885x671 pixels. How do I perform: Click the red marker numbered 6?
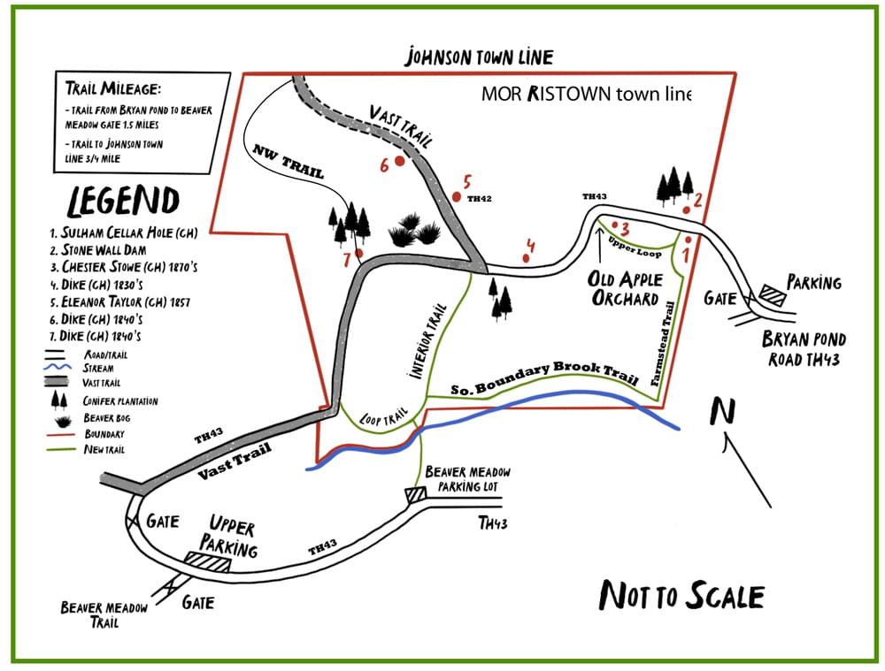(400, 162)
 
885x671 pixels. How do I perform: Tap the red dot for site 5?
(456, 196)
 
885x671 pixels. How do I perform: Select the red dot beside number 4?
(527, 258)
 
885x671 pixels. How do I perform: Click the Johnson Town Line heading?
(479, 58)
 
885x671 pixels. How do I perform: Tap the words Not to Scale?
(681, 595)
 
